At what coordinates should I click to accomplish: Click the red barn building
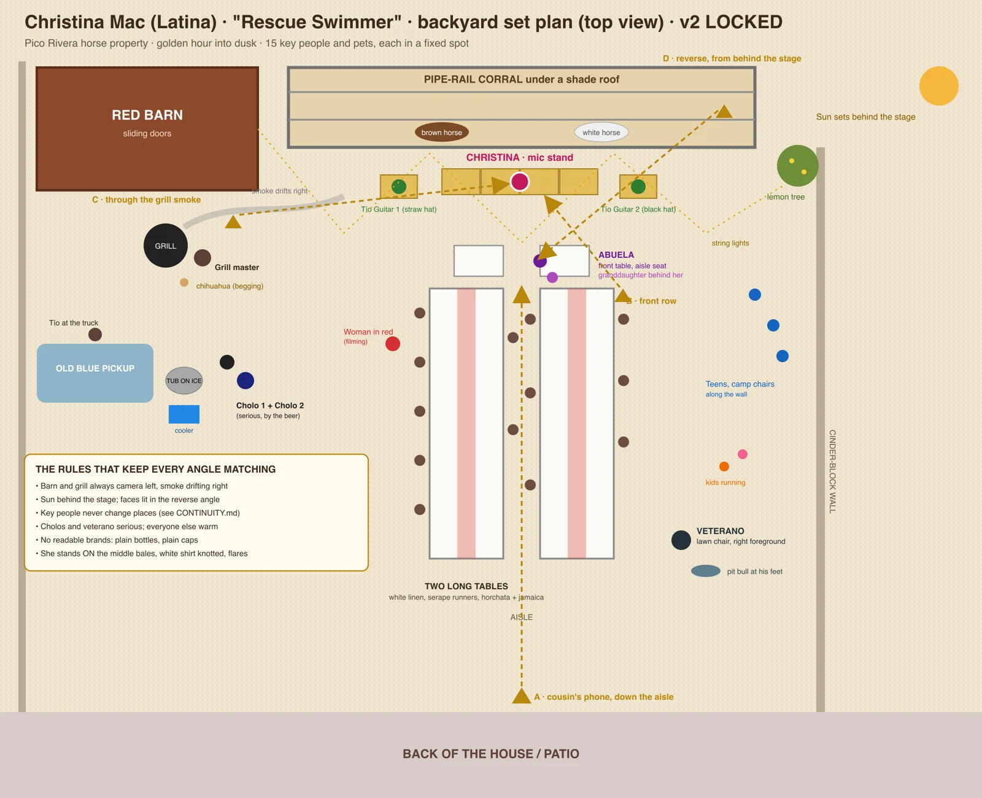click(x=147, y=129)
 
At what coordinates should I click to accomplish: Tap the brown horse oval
click(x=442, y=133)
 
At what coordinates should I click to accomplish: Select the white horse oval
click(x=601, y=133)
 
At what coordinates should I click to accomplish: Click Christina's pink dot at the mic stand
click(x=520, y=182)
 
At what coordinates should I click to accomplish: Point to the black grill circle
click(x=166, y=246)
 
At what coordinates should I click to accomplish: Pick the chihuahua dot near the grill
click(x=184, y=282)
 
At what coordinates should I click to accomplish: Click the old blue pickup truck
click(x=95, y=373)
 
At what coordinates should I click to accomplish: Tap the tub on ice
click(x=184, y=381)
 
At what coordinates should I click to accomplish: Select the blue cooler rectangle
click(x=184, y=414)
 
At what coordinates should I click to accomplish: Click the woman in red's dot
click(x=393, y=344)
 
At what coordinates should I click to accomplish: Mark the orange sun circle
click(x=938, y=86)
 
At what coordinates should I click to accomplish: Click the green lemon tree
click(x=798, y=166)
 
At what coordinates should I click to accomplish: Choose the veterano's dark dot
click(x=681, y=540)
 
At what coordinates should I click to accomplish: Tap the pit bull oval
click(x=705, y=571)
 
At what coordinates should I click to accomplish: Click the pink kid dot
click(x=742, y=454)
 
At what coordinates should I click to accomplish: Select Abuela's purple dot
click(x=540, y=261)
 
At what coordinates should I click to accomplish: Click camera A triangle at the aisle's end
click(x=522, y=696)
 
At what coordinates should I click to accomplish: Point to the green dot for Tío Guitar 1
click(x=399, y=187)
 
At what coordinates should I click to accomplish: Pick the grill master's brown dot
click(x=203, y=258)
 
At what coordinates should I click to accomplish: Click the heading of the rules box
click(x=155, y=470)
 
